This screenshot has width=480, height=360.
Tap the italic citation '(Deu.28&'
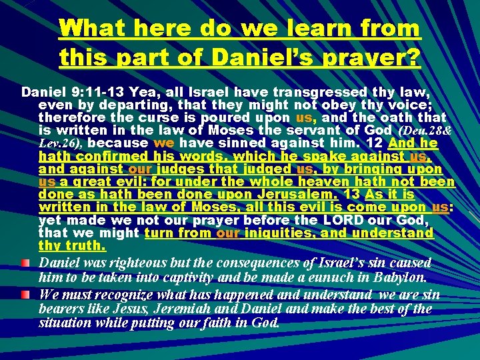coord(429,129)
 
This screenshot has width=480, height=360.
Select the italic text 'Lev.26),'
coord(61,143)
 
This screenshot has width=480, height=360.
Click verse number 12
coord(375,142)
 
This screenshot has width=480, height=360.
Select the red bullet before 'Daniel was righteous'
coord(25,262)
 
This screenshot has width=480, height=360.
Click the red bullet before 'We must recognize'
coord(25,293)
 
